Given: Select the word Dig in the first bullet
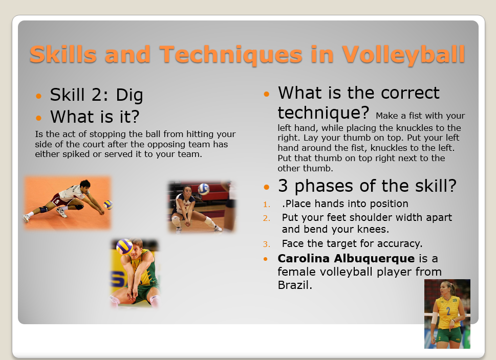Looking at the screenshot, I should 130,95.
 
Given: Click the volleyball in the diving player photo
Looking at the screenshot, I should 108,205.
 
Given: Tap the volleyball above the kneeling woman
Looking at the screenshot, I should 204,189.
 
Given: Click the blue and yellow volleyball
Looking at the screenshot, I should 124,246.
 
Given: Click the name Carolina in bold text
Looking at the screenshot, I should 300,259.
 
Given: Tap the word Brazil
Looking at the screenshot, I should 294,285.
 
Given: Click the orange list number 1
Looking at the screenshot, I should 266,205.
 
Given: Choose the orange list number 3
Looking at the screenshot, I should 266,244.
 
